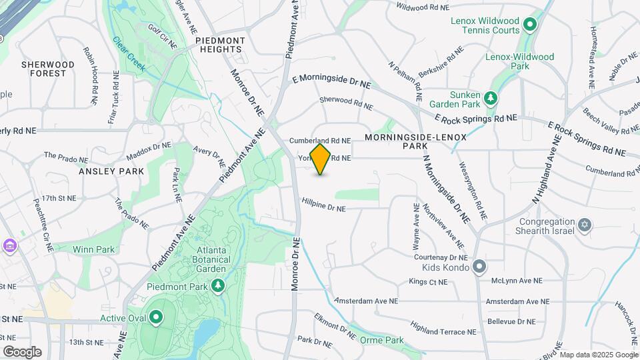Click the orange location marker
[x=321, y=159]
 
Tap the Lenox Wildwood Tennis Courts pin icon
[x=530, y=26]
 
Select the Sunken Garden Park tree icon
[x=491, y=99]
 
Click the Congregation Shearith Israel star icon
[x=585, y=225]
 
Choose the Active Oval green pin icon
[x=157, y=318]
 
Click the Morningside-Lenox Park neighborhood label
[x=415, y=141]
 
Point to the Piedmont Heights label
[x=220, y=45]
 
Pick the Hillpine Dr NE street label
[x=323, y=208]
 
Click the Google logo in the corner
[x=22, y=352]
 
